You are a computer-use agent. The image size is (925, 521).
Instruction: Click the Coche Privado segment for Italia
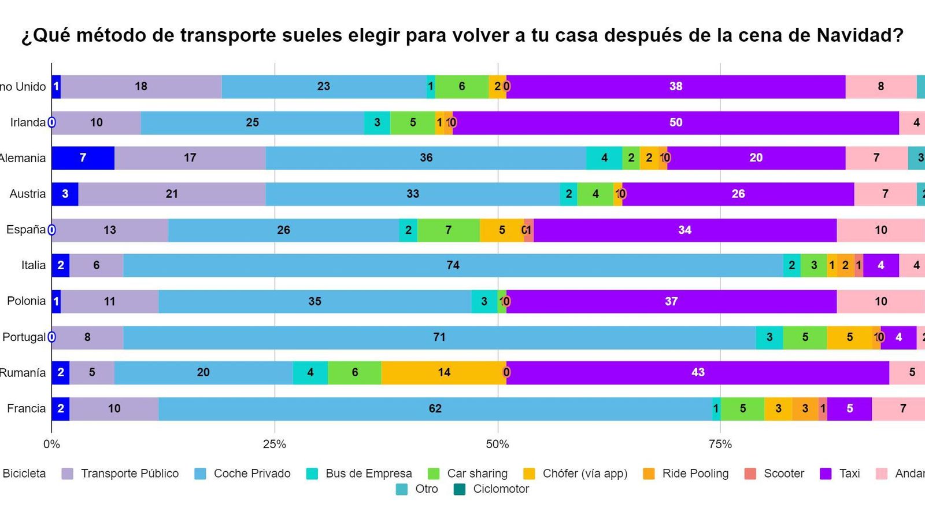click(x=453, y=265)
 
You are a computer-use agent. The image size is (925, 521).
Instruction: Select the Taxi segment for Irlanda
click(x=675, y=122)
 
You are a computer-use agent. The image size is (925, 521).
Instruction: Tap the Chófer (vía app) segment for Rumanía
click(x=443, y=372)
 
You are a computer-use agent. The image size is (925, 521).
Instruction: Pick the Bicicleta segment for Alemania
click(x=83, y=158)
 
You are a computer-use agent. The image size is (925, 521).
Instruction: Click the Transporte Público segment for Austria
click(x=172, y=194)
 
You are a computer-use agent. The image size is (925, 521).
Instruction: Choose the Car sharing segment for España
click(x=448, y=230)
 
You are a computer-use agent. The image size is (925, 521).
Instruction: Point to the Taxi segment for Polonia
click(x=671, y=301)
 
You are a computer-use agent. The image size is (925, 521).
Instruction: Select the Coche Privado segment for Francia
click(x=435, y=409)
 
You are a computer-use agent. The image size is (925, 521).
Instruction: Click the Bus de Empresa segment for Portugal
click(x=769, y=337)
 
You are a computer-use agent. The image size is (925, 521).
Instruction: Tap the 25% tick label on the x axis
click(x=274, y=445)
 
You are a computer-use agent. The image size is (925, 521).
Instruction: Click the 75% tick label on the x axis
click(x=720, y=445)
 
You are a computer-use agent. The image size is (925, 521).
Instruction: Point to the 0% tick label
click(x=51, y=445)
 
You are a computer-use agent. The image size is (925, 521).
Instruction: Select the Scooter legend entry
click(x=783, y=474)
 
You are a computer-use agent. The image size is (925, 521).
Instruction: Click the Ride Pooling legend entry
click(x=695, y=474)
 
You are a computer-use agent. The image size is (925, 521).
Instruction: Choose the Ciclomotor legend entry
click(x=501, y=489)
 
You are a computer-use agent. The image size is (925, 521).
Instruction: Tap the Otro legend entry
click(x=426, y=489)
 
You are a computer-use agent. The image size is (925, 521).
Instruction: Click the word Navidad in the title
click(x=860, y=36)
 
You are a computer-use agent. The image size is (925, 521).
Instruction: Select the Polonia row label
click(x=26, y=301)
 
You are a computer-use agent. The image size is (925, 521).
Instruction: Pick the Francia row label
click(x=26, y=409)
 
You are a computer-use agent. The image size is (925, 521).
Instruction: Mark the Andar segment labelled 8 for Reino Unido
click(x=880, y=86)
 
